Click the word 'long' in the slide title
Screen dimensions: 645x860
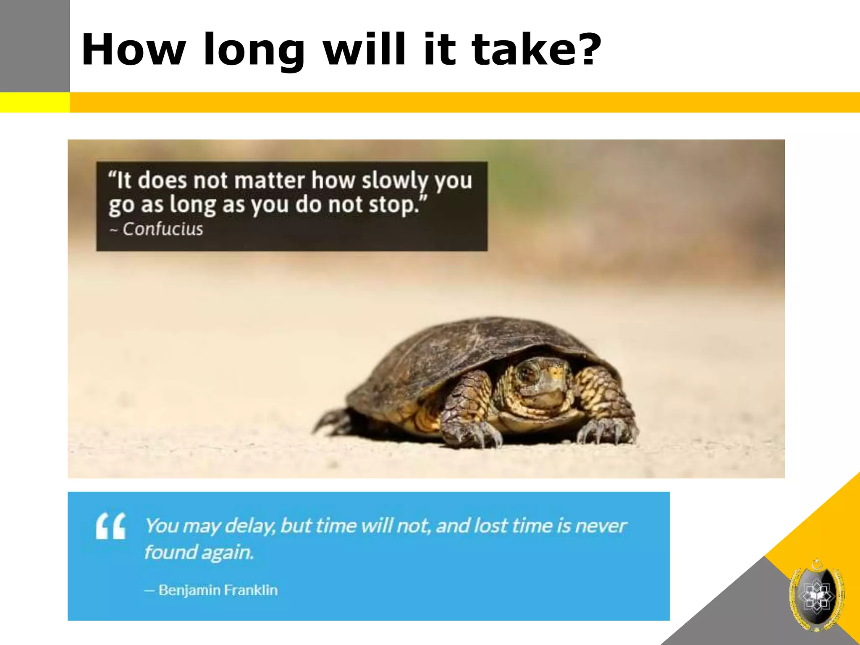pyautogui.click(x=254, y=50)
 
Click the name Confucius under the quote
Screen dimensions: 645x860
pyautogui.click(x=163, y=229)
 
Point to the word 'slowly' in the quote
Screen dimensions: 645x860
pyautogui.click(x=394, y=181)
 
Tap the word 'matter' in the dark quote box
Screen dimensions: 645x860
pyautogui.click(x=269, y=181)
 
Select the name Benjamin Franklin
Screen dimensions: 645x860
pyautogui.click(x=218, y=590)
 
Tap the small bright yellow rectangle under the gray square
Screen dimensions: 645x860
pyautogui.click(x=35, y=102)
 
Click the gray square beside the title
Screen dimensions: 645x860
pyautogui.click(x=35, y=46)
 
